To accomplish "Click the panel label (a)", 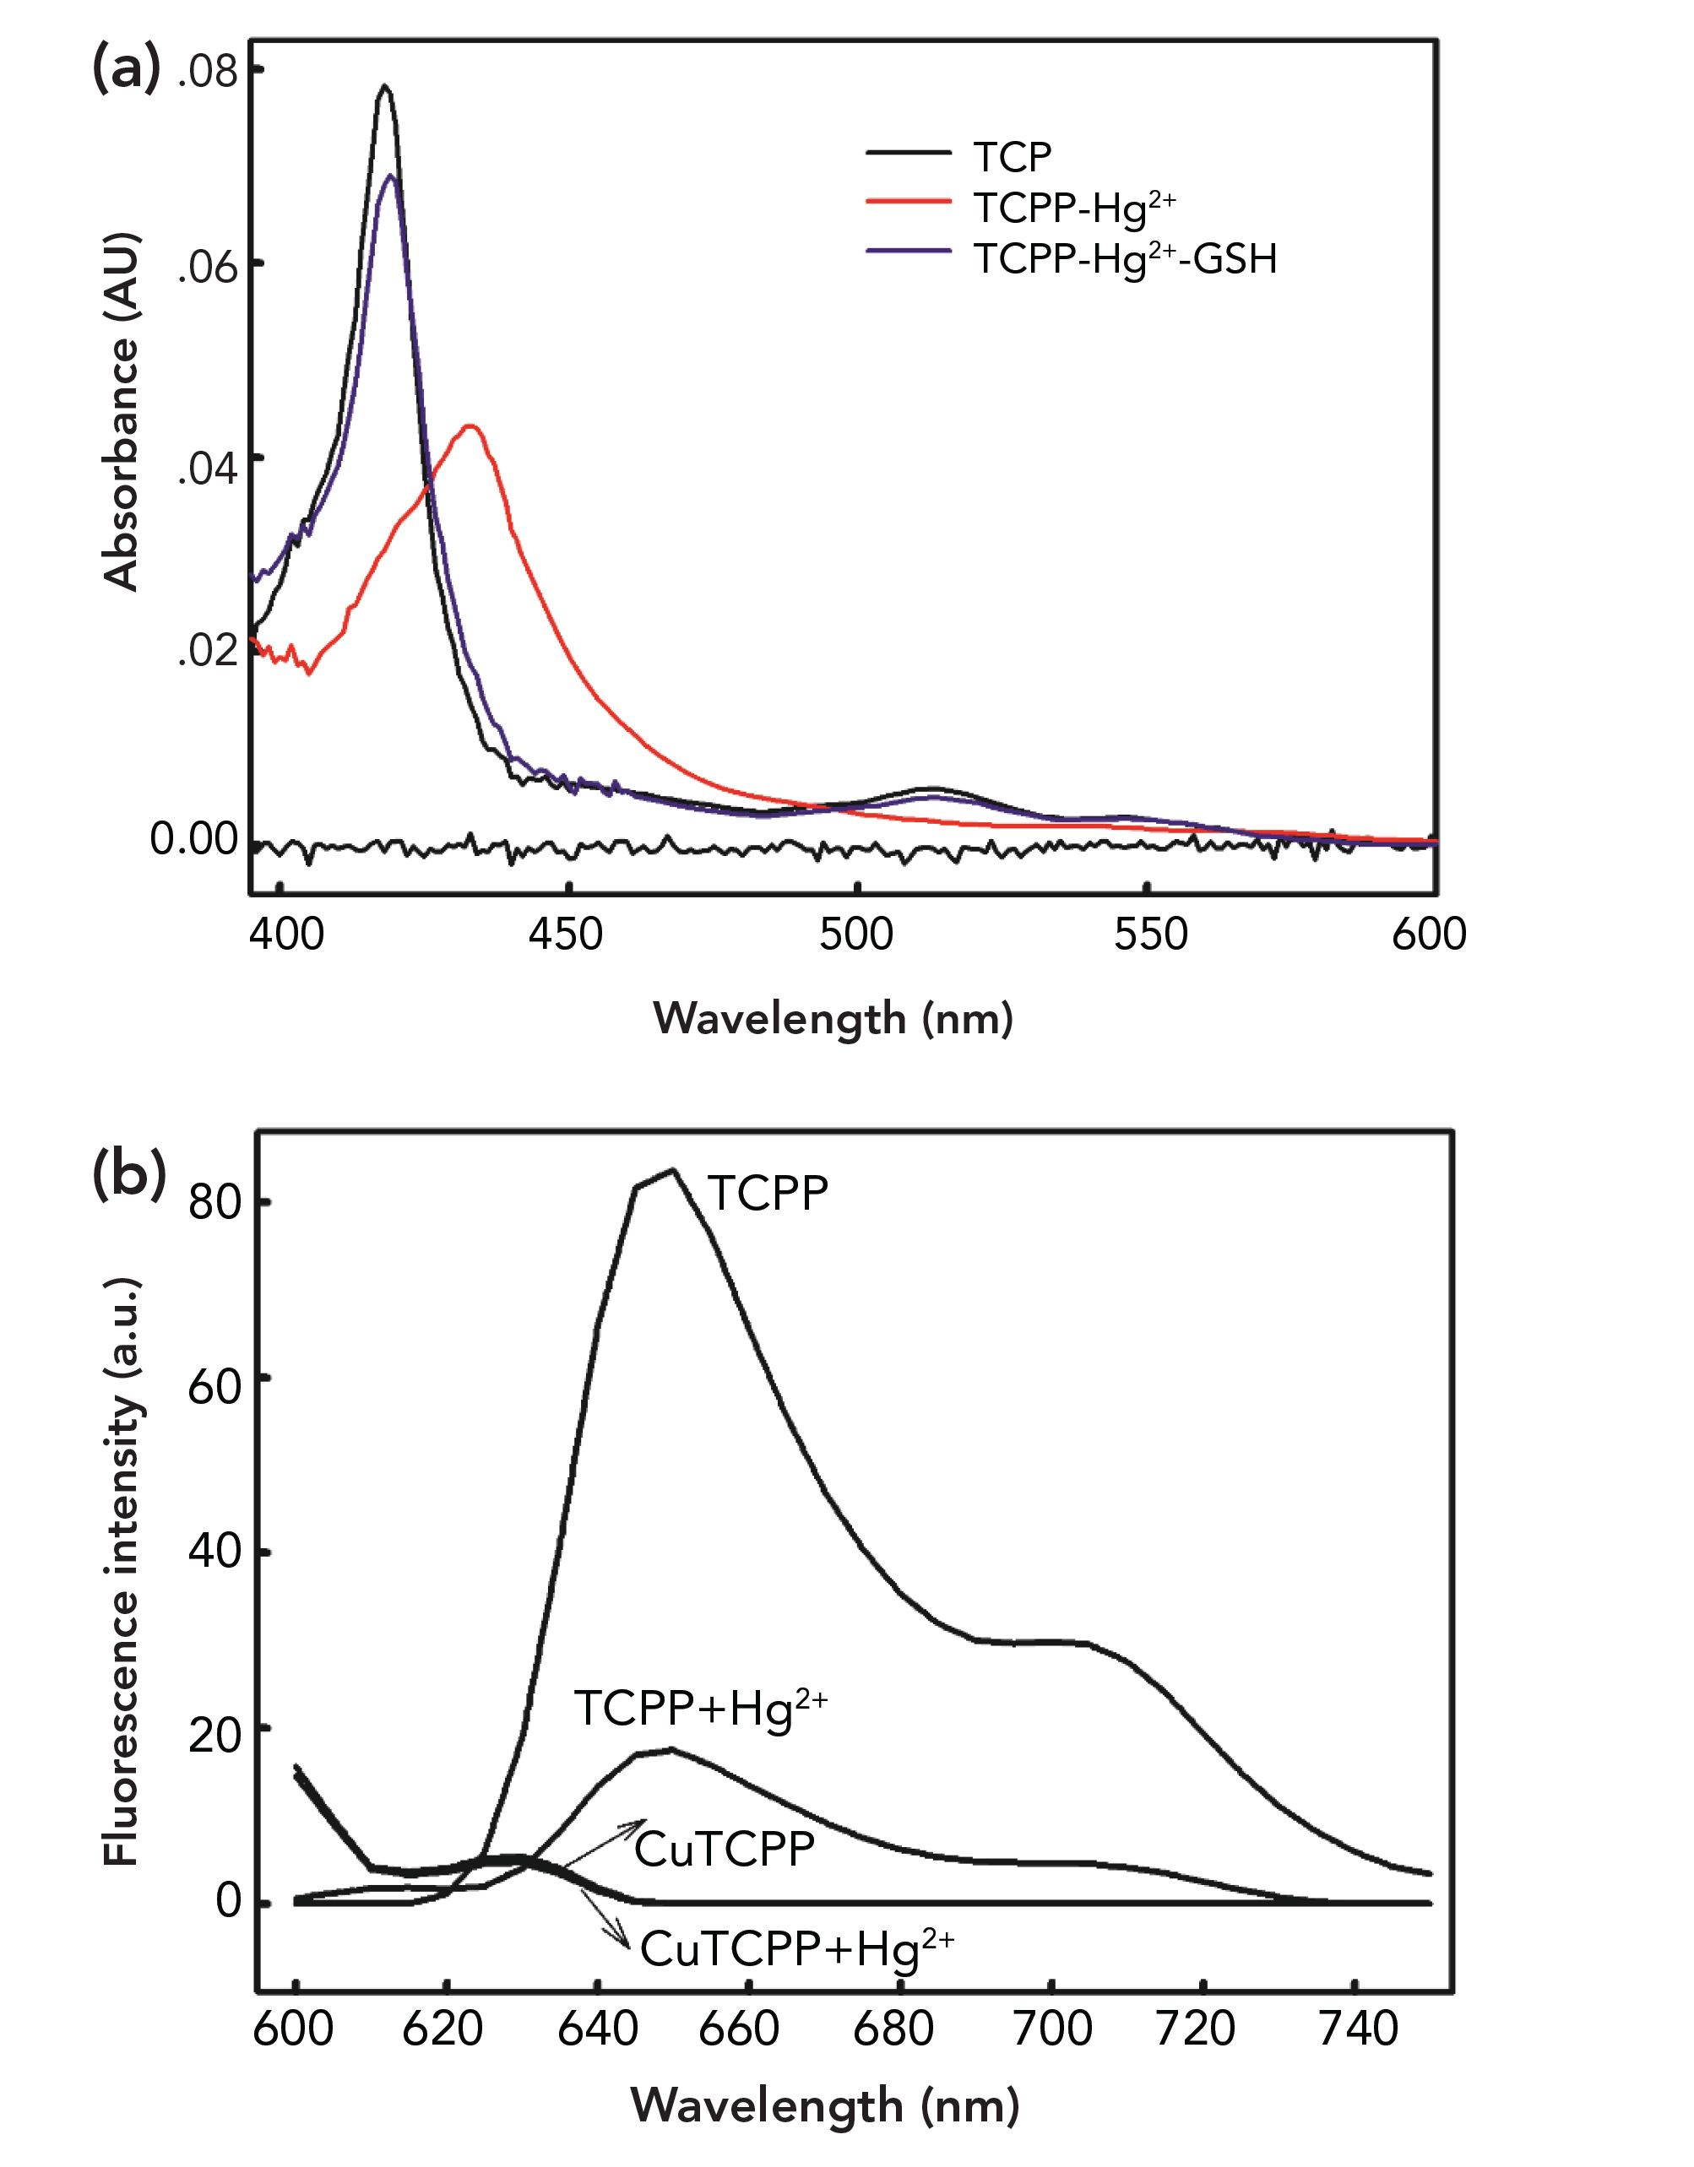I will pos(126,70).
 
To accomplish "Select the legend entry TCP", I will pos(1013,157).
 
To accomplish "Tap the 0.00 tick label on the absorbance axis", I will pos(194,839).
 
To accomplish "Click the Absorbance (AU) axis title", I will pos(123,412).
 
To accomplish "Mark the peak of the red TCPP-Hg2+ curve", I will pos(472,426).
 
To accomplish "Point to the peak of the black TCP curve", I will pos(385,87).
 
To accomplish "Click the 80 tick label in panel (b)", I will pos(215,1204).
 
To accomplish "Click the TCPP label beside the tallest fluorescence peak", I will pos(767,1193).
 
